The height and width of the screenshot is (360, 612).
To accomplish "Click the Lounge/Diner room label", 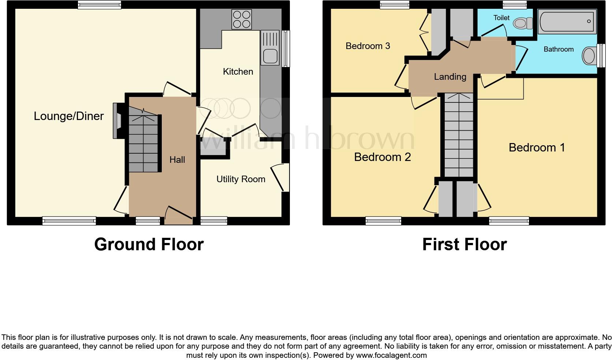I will (x=69, y=116).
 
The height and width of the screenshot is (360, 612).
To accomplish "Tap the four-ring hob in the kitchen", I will (x=242, y=19).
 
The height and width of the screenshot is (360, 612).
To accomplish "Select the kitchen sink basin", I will (x=269, y=56).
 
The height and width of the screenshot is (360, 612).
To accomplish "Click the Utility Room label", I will (x=240, y=179).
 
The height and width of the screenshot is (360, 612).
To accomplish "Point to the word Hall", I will (x=177, y=160).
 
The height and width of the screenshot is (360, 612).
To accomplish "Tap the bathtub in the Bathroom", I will (x=567, y=22).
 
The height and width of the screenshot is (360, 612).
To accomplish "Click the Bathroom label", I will (x=558, y=49).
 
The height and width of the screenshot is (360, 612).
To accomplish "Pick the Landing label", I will (x=450, y=77).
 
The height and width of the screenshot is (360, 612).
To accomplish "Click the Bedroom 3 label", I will (x=367, y=46).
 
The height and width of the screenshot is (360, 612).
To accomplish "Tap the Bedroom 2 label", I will (x=382, y=157).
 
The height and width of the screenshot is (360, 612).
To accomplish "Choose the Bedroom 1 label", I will (x=537, y=148).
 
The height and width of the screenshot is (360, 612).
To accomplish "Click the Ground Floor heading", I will (x=149, y=244).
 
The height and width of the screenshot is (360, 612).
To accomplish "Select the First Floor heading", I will (x=464, y=244).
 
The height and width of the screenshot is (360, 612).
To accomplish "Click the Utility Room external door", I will (x=284, y=177).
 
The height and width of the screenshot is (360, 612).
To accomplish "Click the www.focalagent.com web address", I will (x=391, y=355).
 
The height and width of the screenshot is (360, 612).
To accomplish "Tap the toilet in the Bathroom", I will (x=589, y=56).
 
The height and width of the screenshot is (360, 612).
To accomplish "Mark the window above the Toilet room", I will (x=515, y=5).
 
